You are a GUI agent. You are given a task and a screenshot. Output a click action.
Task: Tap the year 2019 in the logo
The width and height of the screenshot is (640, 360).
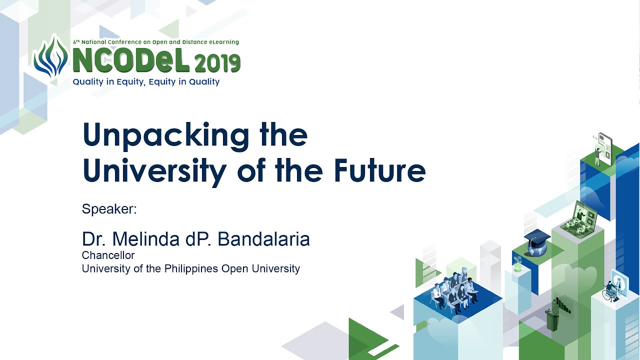point(217,63)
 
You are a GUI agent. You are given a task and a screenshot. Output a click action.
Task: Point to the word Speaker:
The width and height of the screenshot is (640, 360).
point(109,209)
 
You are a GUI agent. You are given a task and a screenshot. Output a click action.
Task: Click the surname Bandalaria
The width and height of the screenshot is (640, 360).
point(263,239)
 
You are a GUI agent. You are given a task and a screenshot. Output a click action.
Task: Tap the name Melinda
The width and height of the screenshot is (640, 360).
point(145,239)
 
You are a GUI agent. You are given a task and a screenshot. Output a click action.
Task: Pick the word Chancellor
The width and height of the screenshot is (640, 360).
point(108,255)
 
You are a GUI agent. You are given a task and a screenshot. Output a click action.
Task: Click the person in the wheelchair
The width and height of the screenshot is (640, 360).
point(610,291)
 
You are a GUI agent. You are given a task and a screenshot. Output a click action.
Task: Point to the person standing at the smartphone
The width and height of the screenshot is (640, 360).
point(597,156)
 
